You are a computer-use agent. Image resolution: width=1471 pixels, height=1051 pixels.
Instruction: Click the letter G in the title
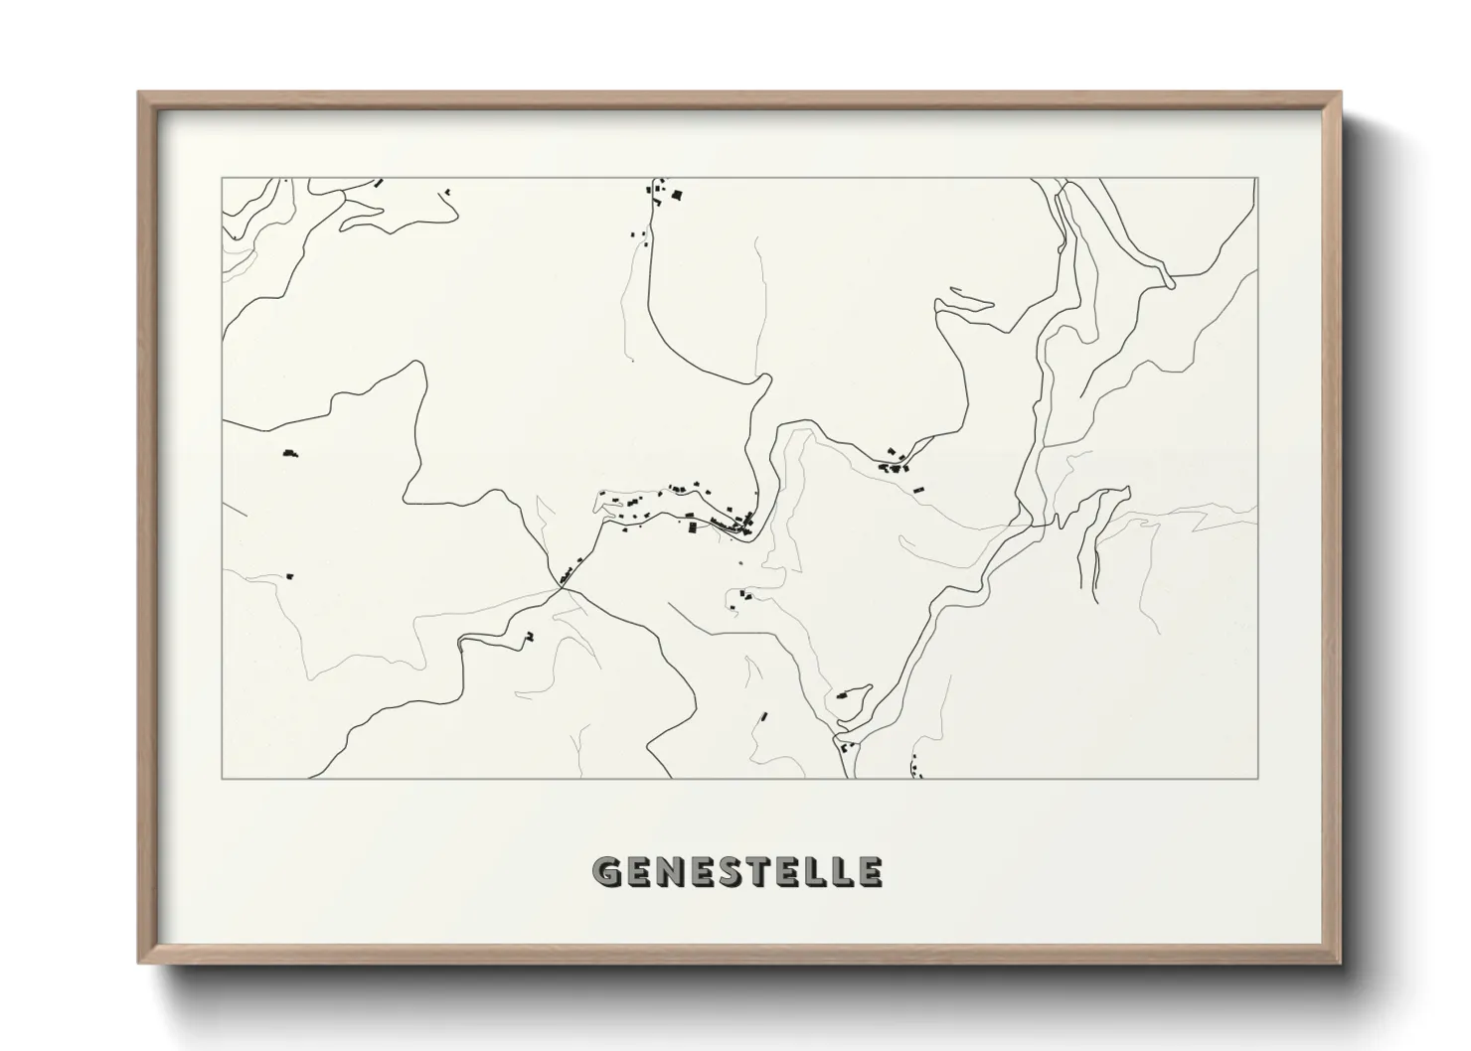click(608, 871)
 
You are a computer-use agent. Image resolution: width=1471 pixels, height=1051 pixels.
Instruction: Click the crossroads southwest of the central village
click(562, 586)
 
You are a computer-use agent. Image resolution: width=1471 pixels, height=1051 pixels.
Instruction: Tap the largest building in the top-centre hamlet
click(678, 195)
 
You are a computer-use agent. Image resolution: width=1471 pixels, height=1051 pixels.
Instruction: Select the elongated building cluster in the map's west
click(290, 453)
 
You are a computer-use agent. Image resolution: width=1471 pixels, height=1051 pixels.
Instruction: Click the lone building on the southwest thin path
click(290, 575)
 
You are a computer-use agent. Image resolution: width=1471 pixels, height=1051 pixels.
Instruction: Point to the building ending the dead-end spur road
click(530, 636)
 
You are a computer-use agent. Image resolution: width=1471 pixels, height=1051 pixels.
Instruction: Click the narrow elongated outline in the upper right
click(972, 296)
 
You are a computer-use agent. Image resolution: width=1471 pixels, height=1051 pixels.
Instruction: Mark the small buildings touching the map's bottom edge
click(914, 770)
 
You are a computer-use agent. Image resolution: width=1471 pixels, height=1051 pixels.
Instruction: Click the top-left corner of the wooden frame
click(140, 93)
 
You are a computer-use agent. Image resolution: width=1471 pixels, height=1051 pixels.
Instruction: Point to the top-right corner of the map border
click(1257, 179)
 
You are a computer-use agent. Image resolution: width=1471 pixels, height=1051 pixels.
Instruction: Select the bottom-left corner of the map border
click(223, 778)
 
